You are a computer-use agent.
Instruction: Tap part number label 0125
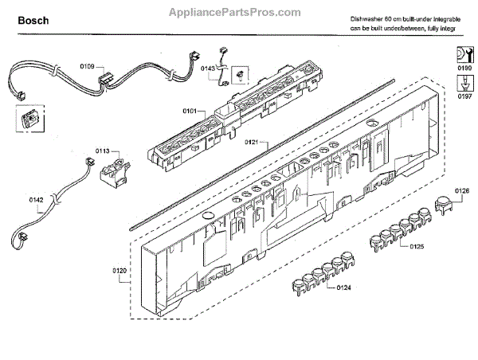[x=416, y=247]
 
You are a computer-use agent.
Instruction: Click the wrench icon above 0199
[x=462, y=55]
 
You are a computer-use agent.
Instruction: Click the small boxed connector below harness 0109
[x=27, y=119]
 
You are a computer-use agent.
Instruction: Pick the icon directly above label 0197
[x=462, y=82]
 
